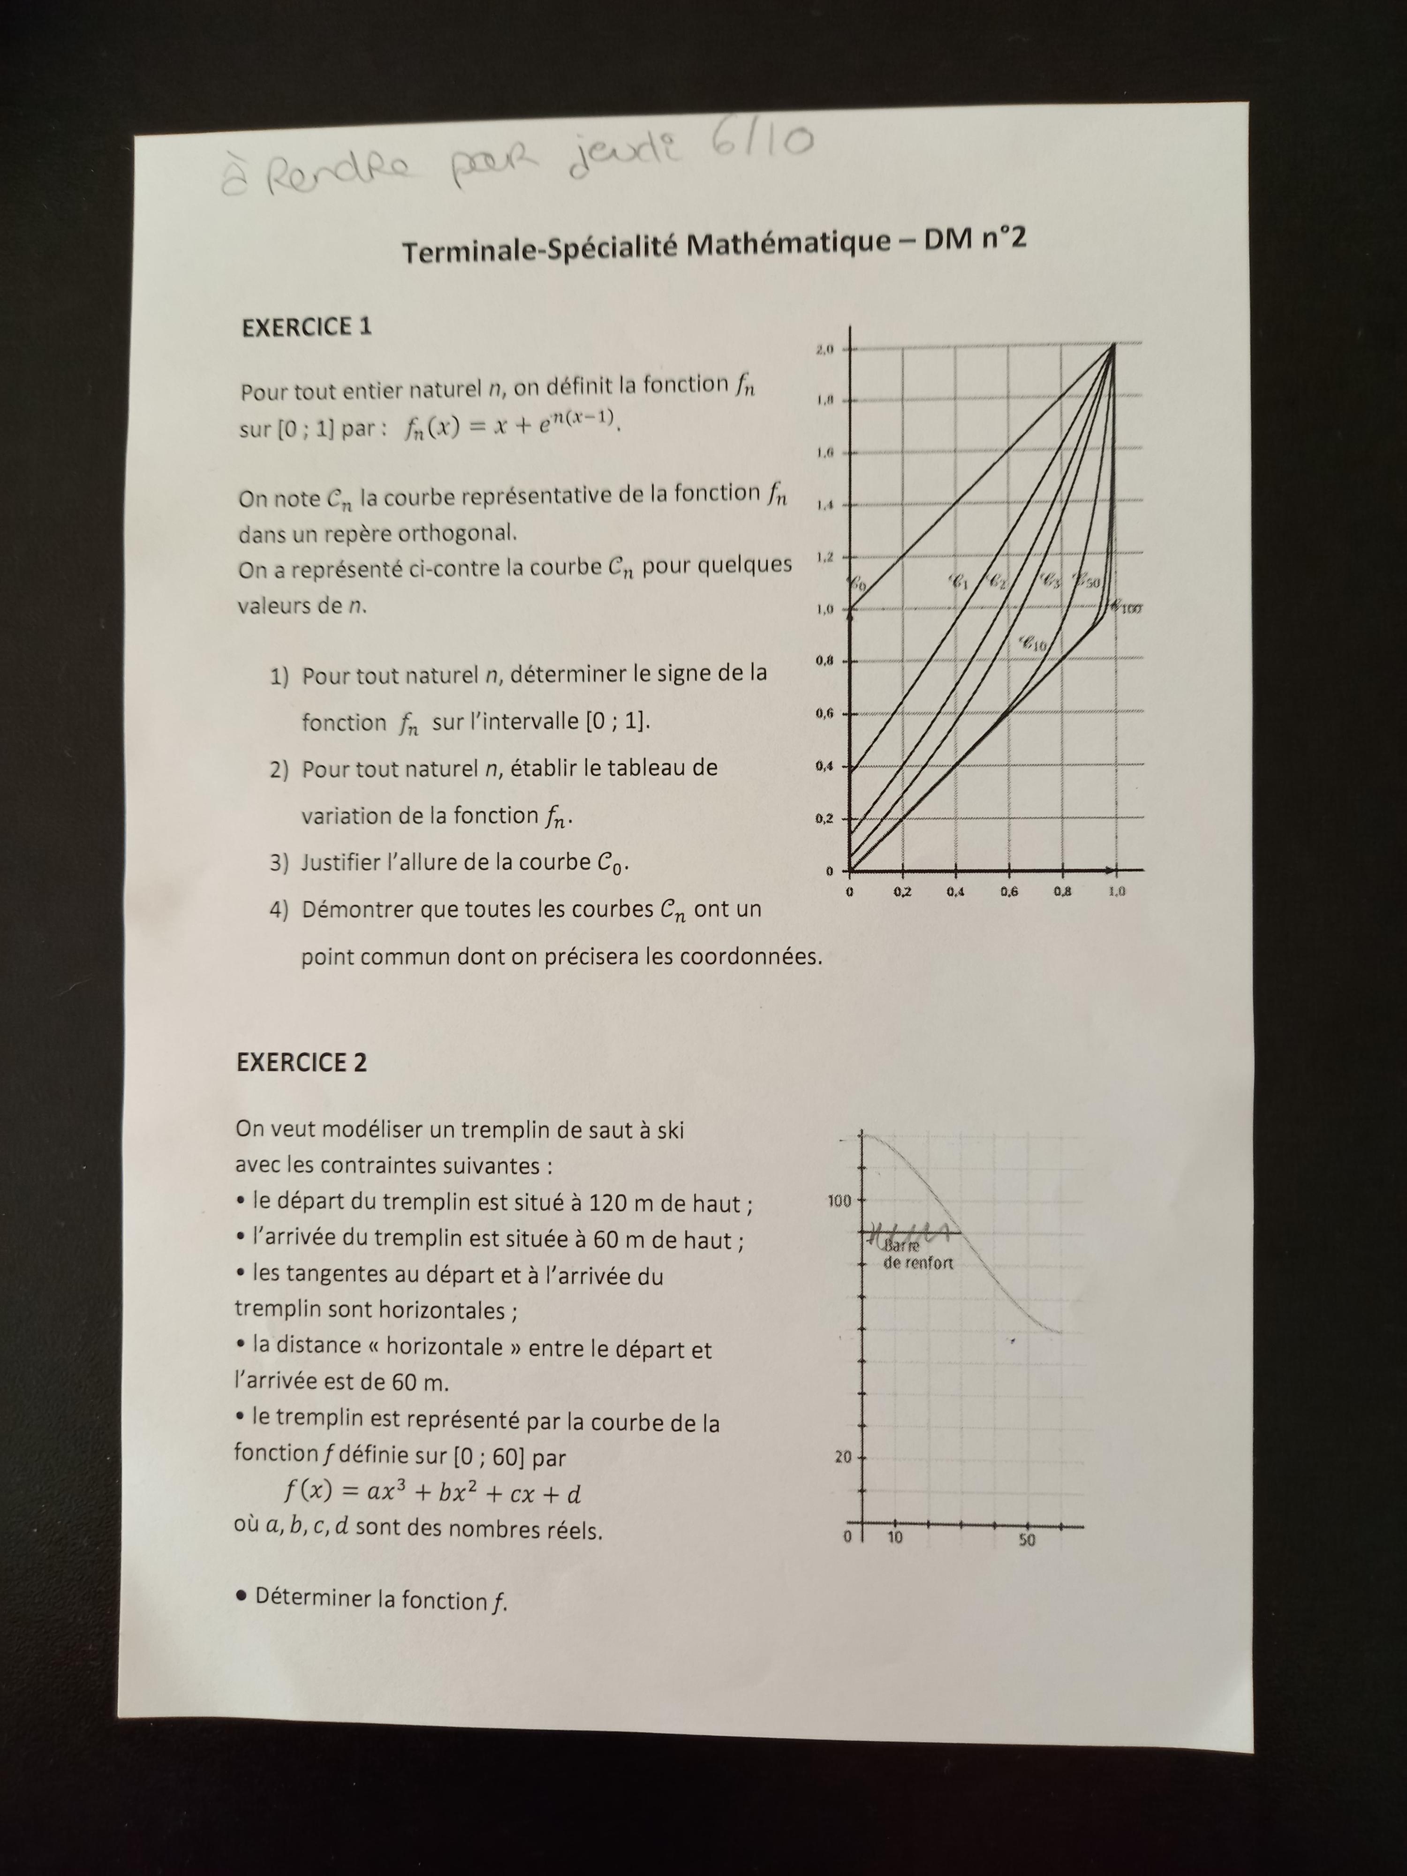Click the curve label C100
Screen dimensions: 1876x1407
(1126, 607)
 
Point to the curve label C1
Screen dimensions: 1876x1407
(958, 582)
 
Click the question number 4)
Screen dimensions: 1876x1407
(279, 910)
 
